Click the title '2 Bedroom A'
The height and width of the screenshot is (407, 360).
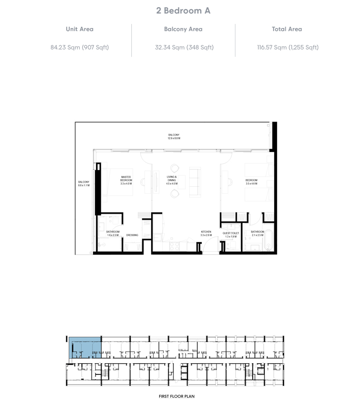pyautogui.click(x=180, y=11)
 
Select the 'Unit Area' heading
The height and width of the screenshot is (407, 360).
pyautogui.click(x=79, y=30)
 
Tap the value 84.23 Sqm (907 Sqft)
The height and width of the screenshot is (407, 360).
pyautogui.click(x=79, y=47)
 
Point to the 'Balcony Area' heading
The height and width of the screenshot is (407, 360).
pyautogui.click(x=184, y=30)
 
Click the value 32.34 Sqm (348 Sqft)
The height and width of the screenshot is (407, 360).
pyautogui.click(x=184, y=47)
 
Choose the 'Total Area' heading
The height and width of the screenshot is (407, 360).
pyautogui.click(x=287, y=30)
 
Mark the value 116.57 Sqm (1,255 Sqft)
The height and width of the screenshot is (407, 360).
pyautogui.click(x=288, y=47)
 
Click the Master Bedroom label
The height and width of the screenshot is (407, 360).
pyautogui.click(x=126, y=180)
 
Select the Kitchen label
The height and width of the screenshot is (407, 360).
pyautogui.click(x=205, y=233)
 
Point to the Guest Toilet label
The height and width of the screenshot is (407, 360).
pyautogui.click(x=230, y=235)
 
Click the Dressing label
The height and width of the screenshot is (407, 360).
pyautogui.click(x=132, y=235)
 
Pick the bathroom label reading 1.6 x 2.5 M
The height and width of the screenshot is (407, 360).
pyautogui.click(x=113, y=234)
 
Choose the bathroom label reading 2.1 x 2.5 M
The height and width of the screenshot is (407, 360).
pyautogui.click(x=257, y=234)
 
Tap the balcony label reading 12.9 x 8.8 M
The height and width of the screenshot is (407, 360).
pyautogui.click(x=174, y=136)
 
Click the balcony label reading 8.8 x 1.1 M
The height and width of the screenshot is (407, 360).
pyautogui.click(x=83, y=184)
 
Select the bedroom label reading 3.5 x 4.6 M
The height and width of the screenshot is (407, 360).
pyautogui.click(x=251, y=182)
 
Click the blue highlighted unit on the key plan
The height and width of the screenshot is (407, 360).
pyautogui.click(x=85, y=347)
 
